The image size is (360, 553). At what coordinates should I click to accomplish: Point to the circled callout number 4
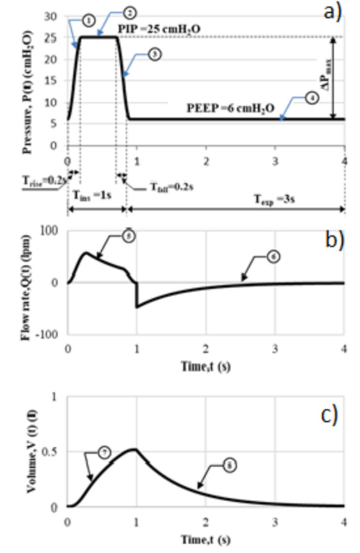tap(310, 99)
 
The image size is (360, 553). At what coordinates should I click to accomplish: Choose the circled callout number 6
tap(275, 257)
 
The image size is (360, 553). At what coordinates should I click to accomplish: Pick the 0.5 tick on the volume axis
tap(54, 452)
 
